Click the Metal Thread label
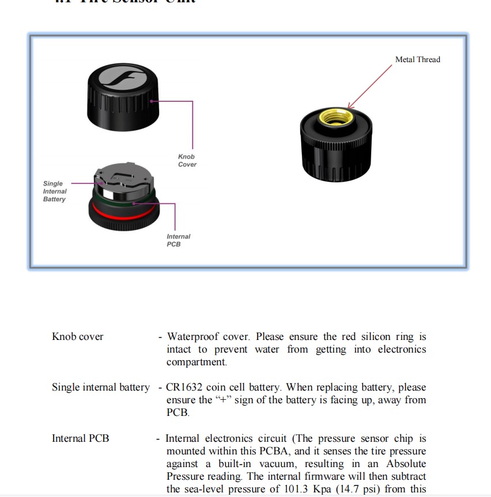[417, 59]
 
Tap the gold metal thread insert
[337, 116]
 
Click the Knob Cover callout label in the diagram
[187, 160]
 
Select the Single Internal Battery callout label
[55, 192]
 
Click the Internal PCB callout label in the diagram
[178, 240]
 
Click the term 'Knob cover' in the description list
[77, 337]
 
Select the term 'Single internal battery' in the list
[100, 388]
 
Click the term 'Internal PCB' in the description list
[80, 438]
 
